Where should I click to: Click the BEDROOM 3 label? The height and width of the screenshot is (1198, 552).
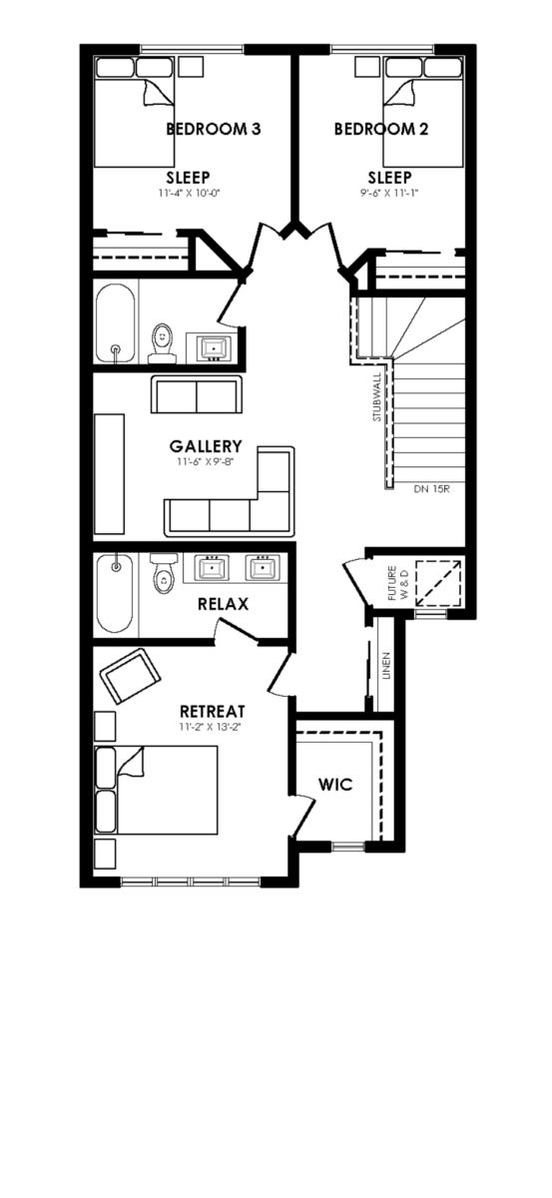coord(214,129)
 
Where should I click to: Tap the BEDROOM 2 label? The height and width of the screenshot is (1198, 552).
coord(381,129)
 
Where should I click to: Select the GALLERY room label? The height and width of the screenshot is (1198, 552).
coord(206,446)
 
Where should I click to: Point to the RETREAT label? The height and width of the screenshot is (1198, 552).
coord(213,711)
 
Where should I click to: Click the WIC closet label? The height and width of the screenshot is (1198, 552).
coord(335,785)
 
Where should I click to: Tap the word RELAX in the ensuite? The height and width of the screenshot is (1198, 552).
coord(223,604)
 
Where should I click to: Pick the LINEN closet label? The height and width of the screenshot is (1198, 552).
coord(386,666)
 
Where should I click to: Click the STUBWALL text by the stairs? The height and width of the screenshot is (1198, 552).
coord(377,397)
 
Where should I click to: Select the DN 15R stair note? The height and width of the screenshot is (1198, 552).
coord(431,489)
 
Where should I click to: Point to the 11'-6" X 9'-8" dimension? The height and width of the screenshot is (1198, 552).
coord(207,461)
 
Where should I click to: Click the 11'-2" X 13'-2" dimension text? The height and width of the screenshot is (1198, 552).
coord(213,727)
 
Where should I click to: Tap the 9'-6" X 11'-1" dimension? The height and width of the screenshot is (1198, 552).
coord(389,193)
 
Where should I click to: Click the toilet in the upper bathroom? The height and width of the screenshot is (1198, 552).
coord(162,342)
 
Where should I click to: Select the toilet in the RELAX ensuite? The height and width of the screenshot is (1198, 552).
coord(163,573)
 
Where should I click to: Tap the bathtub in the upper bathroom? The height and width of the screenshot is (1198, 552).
coord(115,323)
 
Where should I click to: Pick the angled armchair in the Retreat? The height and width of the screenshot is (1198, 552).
coord(130,677)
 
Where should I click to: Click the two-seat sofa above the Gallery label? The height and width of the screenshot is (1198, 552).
coord(197,393)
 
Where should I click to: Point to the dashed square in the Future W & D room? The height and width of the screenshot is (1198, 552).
coord(437,582)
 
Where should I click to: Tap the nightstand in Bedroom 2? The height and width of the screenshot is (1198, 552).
coord(366,68)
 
